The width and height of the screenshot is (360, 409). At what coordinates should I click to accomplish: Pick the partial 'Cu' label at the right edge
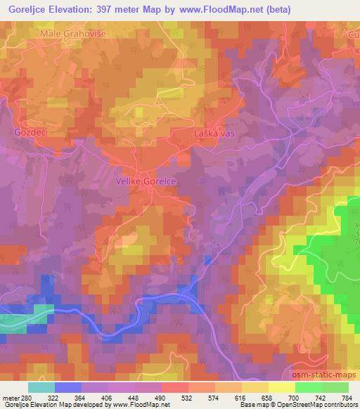352,33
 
